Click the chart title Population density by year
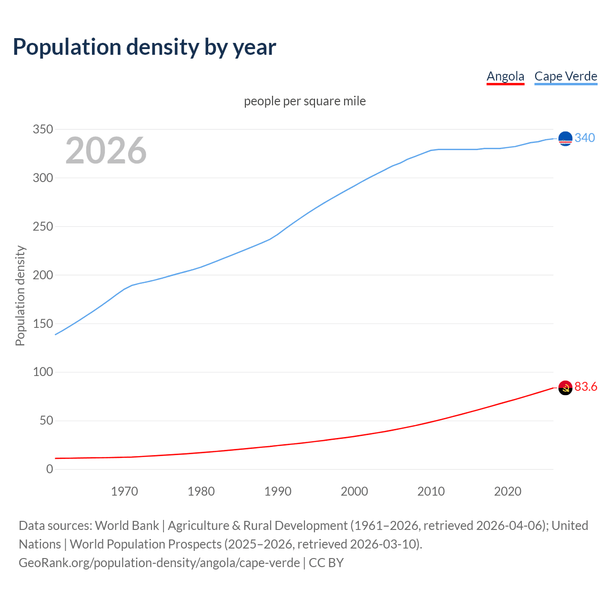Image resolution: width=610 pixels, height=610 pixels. pos(144,47)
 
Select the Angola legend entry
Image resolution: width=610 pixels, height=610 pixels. pos(505,76)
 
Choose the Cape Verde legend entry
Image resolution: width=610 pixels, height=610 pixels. pos(566,76)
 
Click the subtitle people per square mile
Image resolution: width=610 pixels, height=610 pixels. pos(305,101)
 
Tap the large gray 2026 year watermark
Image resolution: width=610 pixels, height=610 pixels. pos(106,151)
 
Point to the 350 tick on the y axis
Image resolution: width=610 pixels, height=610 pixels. pos(43,129)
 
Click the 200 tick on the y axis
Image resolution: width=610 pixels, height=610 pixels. pos(43,275)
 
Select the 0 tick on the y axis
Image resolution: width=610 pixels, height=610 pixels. pos(50,469)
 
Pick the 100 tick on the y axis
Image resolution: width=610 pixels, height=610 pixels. pos(43,372)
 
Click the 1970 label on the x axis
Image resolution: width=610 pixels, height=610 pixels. pos(124,491)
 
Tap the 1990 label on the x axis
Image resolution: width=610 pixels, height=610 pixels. pos(278,491)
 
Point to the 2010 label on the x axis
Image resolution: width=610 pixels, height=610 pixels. pos(431,491)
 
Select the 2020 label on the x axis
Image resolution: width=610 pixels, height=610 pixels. pos(508,491)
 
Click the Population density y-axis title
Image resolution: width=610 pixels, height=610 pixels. pos(20,295)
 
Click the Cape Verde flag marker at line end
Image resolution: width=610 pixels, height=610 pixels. pos(565,138)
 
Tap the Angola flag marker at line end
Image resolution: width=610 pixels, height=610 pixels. pos(565,388)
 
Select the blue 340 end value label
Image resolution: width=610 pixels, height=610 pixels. pos(585,138)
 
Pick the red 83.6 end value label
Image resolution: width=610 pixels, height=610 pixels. pos(586,386)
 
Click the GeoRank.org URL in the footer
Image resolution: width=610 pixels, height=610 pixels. pos(159,562)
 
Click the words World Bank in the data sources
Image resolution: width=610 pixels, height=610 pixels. pos(127,525)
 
